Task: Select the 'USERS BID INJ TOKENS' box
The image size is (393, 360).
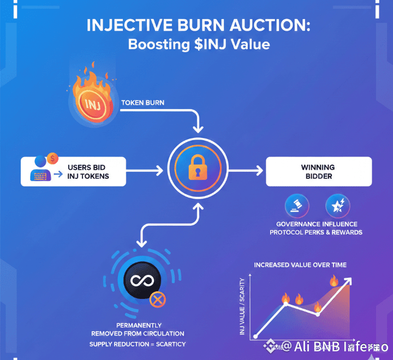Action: (73, 171)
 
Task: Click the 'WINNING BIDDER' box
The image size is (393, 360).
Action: (318, 171)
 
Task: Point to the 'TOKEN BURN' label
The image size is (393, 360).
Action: (142, 103)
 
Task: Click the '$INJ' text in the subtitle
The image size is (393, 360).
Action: (210, 44)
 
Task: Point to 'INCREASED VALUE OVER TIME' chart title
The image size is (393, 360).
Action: (300, 265)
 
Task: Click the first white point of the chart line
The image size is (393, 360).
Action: (255, 337)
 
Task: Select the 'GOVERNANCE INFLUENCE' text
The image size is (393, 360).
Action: (317, 224)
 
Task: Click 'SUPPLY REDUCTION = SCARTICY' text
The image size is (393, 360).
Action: (138, 344)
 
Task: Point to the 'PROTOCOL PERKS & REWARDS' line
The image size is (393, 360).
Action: (317, 232)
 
